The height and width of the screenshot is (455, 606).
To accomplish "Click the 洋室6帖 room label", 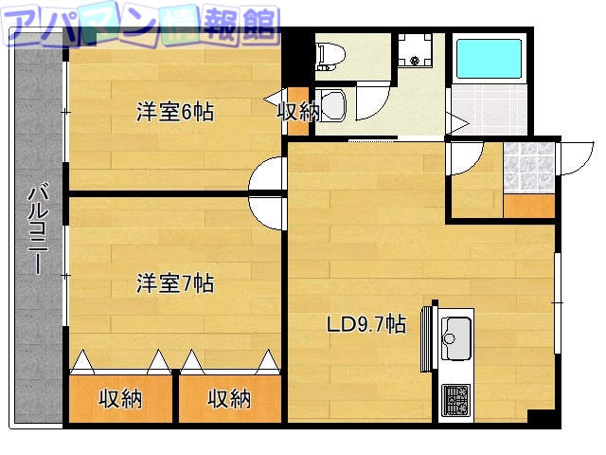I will [175, 112].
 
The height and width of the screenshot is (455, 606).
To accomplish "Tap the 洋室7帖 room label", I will [175, 282].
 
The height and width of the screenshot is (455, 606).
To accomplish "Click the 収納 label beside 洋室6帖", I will [297, 111].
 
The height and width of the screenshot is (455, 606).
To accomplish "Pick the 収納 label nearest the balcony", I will [120, 399].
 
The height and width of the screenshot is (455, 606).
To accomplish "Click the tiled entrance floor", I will [527, 168].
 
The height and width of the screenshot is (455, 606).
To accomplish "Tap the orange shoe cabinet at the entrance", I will [528, 207].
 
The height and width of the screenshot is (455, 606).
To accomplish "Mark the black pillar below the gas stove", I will [541, 418].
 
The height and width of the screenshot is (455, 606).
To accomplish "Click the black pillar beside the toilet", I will [299, 52].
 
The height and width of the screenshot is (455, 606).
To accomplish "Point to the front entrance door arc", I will [576, 157].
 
